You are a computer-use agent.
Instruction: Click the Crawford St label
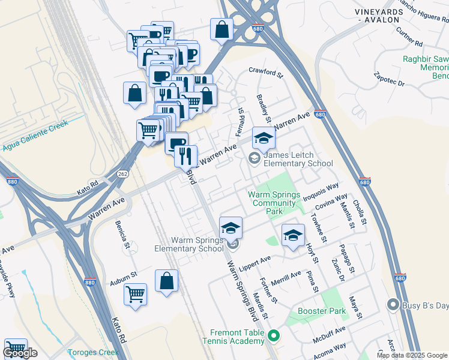point(265,74)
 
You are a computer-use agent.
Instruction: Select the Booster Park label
point(321,311)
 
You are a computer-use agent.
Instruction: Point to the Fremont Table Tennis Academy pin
point(274,335)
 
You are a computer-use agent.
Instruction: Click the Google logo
point(20,353)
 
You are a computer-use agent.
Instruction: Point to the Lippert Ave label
point(255,262)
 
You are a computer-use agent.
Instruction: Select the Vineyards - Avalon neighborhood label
point(376,16)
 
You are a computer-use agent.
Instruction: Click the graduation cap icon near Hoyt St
point(293,236)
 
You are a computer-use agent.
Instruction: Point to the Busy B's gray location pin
point(393,304)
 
